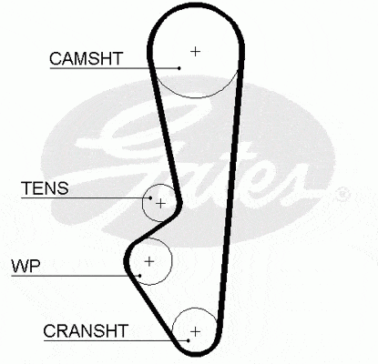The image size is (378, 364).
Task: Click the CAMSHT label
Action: [87, 58]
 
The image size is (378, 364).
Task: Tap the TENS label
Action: [45, 188]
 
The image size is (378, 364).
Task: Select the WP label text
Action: [26, 266]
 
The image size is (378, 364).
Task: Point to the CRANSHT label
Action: [86, 331]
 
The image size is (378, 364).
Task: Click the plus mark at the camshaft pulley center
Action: [196, 52]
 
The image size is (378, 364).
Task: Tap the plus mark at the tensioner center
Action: [160, 203]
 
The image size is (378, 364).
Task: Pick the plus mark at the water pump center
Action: [149, 261]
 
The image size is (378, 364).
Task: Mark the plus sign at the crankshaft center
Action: [196, 331]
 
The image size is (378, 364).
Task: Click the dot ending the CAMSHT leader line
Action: [179, 68]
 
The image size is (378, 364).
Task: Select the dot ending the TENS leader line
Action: [150, 197]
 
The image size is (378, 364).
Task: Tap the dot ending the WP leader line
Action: [140, 276]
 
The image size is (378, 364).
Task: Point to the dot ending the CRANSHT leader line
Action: [189, 340]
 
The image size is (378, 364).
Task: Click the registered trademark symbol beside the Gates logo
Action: [343, 195]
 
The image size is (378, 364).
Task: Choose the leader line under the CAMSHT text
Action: [115, 68]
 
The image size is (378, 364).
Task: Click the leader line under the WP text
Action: [76, 276]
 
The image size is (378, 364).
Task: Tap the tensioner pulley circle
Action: [142, 203]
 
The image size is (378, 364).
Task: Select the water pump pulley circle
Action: [172, 261]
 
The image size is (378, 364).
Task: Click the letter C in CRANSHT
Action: [49, 331]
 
